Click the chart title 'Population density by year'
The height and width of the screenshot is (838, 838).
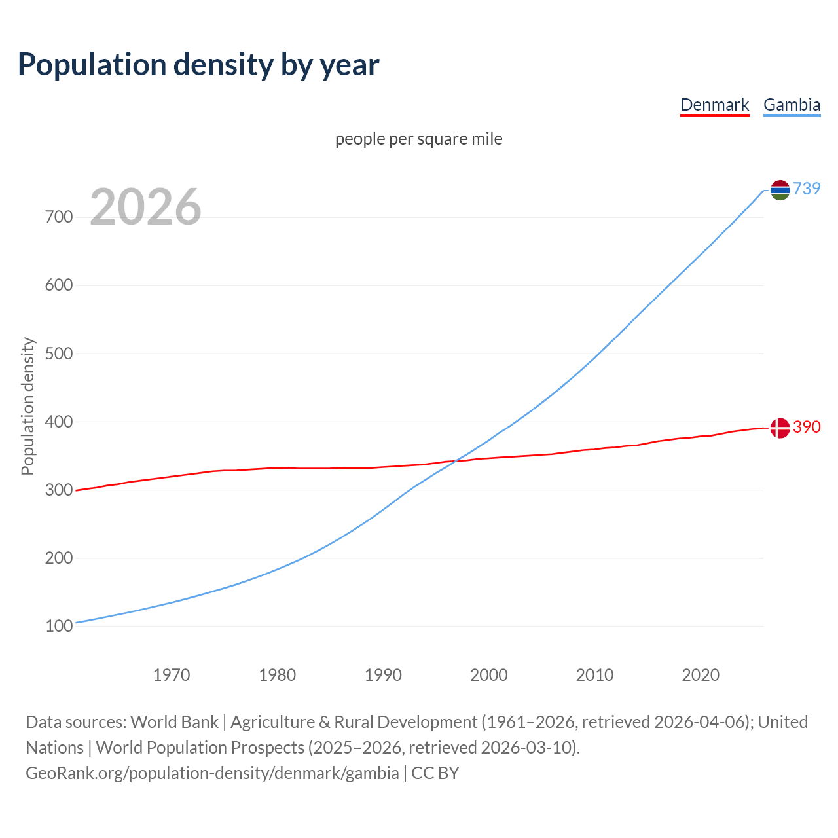click(x=198, y=65)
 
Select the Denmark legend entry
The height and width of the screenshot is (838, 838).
click(x=714, y=105)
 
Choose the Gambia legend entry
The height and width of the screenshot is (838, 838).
click(x=792, y=105)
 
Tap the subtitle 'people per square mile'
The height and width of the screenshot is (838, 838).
click(x=418, y=139)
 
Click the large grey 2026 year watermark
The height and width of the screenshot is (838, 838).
click(x=145, y=207)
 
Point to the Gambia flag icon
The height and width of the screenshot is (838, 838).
click(x=780, y=190)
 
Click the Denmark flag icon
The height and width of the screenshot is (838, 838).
click(x=780, y=428)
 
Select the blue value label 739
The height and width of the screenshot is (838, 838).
click(x=807, y=189)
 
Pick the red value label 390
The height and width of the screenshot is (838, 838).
click(x=807, y=427)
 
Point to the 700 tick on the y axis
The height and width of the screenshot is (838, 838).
click(x=59, y=217)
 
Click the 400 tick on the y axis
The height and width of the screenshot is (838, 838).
click(x=59, y=422)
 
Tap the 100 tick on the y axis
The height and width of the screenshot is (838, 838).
click(x=59, y=627)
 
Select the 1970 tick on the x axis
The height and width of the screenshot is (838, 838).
click(x=172, y=675)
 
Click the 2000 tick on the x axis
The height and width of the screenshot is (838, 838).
click(x=489, y=675)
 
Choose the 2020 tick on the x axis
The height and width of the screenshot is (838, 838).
click(x=701, y=675)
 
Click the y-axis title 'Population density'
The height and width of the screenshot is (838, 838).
click(x=27, y=406)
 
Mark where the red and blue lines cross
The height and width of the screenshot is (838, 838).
click(x=454, y=462)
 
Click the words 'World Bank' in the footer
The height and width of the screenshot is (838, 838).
click(x=174, y=722)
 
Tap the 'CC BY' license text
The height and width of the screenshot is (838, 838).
click(x=435, y=773)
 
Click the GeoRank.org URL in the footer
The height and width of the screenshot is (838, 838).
click(x=212, y=773)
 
